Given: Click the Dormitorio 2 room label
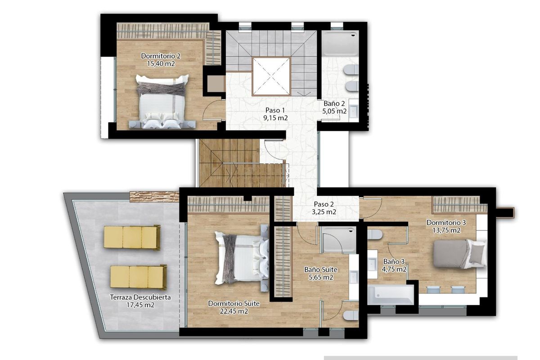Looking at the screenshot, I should point(161,56).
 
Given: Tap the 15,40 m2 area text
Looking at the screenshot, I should point(161,64).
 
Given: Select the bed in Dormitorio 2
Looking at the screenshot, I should point(162,102).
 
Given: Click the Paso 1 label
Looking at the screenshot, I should point(275,110).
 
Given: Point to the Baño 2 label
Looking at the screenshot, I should point(334,103).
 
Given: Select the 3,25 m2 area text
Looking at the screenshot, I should point(324,211).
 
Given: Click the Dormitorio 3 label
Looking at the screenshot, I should point(446,222).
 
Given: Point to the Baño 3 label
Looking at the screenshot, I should point(394,261).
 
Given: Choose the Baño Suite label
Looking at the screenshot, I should point(321,270).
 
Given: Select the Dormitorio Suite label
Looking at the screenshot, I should point(234,303).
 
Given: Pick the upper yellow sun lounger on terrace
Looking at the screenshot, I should point(132,237).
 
